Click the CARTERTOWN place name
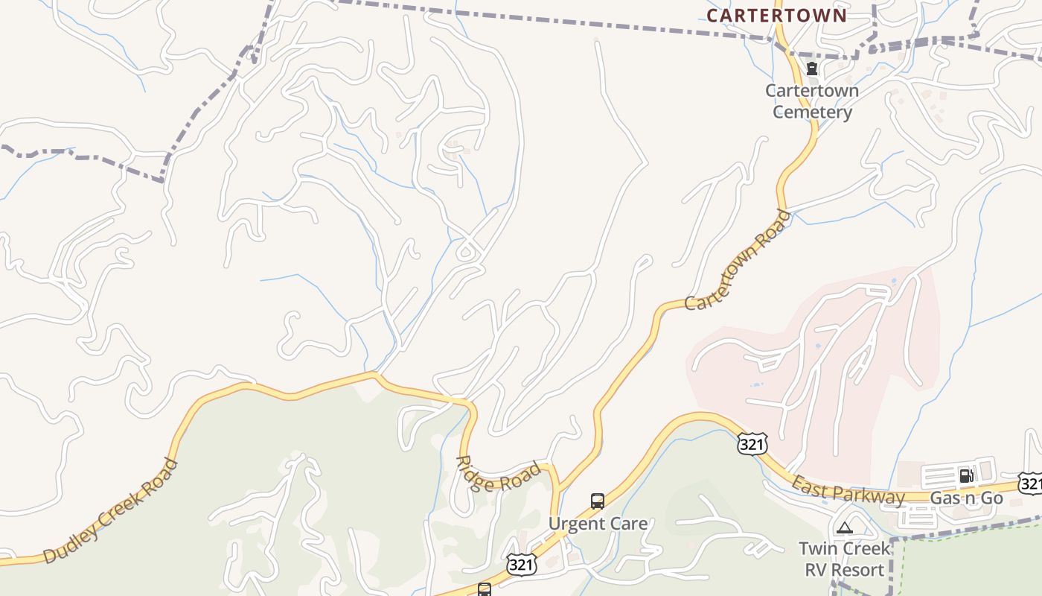click(x=776, y=16)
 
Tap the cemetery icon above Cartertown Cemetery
click(x=812, y=69)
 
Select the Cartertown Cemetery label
click(x=812, y=101)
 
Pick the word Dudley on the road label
click(x=71, y=542)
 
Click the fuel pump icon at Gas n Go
click(x=966, y=475)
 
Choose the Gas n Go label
click(x=967, y=498)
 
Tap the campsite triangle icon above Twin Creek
click(x=844, y=528)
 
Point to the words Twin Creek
click(x=845, y=549)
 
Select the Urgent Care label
click(x=598, y=524)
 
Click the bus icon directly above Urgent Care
click(x=597, y=501)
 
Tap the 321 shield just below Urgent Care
click(x=521, y=564)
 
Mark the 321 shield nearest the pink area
click(x=752, y=443)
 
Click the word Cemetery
click(x=812, y=112)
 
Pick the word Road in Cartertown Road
click(x=773, y=231)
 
